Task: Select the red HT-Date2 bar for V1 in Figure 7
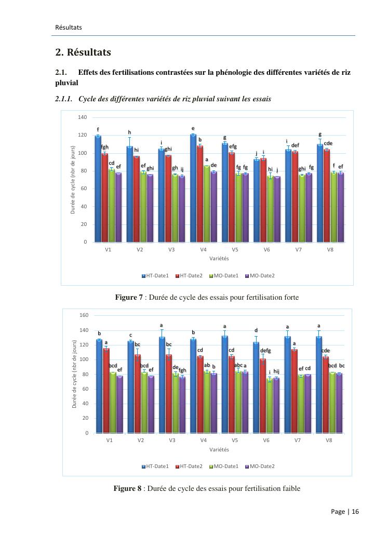104,197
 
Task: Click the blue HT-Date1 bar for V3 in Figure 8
162,384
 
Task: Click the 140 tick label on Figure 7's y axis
82,117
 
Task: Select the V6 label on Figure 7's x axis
266,250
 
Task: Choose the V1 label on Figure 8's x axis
110,440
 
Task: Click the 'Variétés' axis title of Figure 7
219,258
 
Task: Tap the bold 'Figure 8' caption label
128,489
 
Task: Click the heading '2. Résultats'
83,52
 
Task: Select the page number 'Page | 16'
345,512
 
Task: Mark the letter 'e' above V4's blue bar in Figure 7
193,128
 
